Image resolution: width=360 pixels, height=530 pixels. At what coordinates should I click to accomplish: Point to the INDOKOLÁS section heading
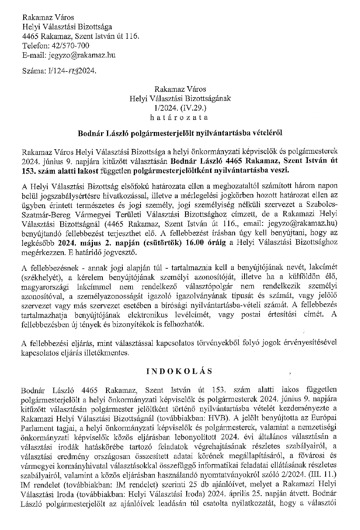[x=179, y=371]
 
